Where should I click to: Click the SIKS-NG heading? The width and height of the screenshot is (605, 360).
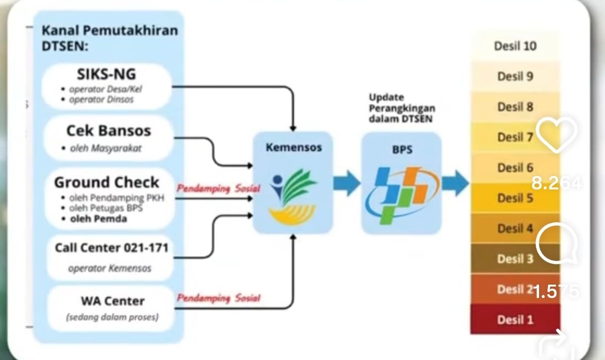[106, 74]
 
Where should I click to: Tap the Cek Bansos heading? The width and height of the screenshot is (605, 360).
[109, 131]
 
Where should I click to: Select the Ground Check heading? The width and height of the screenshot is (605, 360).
[107, 182]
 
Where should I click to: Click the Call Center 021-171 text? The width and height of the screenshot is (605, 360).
[112, 247]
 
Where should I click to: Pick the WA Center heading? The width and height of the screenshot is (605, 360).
[113, 301]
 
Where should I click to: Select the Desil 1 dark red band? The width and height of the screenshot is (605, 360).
[515, 319]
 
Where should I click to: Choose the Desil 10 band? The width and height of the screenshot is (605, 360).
[515, 46]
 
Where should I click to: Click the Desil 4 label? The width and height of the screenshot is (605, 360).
[515, 229]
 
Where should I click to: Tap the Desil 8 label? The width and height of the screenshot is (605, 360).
[515, 107]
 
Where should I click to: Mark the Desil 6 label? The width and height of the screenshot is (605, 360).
[515, 168]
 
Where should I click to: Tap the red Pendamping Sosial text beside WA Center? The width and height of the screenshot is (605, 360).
[219, 299]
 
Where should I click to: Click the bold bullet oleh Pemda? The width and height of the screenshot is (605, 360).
[99, 219]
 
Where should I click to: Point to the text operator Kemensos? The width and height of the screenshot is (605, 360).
[110, 268]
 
